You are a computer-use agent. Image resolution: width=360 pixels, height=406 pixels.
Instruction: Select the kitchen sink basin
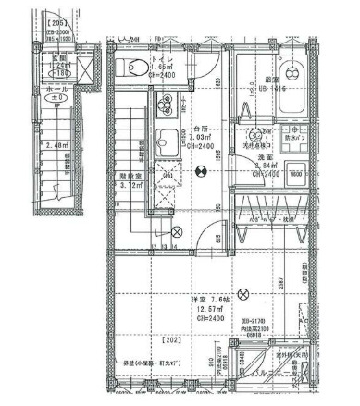[x=167, y=142]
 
